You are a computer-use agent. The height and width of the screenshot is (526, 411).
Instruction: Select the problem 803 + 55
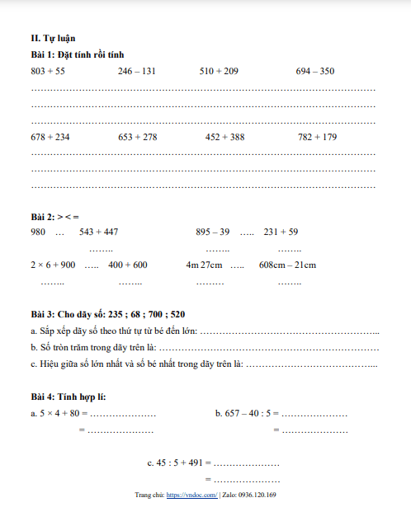pyautogui.click(x=48, y=72)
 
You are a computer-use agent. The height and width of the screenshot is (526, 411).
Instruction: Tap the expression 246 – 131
pyautogui.click(x=137, y=72)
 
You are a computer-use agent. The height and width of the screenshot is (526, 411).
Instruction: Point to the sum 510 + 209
pyautogui.click(x=219, y=72)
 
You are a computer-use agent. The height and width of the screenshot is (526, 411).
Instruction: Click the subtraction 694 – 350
pyautogui.click(x=315, y=72)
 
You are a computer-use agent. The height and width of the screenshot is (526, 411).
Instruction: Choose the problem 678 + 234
pyautogui.click(x=50, y=138)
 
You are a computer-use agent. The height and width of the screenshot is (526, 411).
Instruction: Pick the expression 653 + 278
pyautogui.click(x=138, y=138)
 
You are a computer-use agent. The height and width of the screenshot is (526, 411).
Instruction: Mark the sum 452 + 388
pyautogui.click(x=224, y=138)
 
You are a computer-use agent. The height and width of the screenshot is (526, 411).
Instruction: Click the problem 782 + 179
pyautogui.click(x=317, y=138)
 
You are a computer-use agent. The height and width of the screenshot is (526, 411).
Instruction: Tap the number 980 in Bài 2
pyautogui.click(x=37, y=232)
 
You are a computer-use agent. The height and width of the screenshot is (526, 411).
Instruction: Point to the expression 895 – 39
pyautogui.click(x=213, y=232)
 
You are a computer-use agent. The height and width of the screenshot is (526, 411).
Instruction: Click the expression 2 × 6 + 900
pyautogui.click(x=53, y=265)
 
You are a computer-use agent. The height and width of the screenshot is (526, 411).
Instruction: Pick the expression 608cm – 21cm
pyautogui.click(x=287, y=265)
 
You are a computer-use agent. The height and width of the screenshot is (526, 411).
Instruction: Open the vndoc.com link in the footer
pyautogui.click(x=191, y=495)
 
